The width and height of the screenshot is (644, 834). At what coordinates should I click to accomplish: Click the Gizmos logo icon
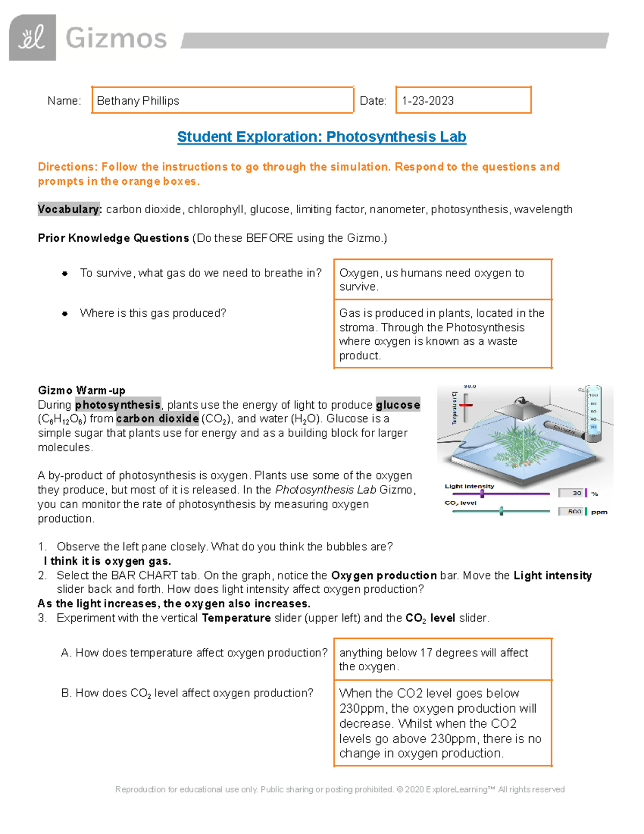[32, 38]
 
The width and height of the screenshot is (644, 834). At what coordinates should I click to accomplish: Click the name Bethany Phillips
[138, 101]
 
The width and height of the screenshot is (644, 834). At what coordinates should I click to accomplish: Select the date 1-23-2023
[428, 101]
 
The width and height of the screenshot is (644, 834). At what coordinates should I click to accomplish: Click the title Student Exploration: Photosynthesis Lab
[321, 137]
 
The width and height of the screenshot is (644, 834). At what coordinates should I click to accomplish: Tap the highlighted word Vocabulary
[69, 209]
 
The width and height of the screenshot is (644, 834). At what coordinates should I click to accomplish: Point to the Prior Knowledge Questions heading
[113, 238]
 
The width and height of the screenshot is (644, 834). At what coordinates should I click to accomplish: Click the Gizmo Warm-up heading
[82, 390]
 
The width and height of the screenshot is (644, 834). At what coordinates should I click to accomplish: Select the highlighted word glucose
[398, 405]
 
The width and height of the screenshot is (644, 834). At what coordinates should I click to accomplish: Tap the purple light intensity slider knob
[482, 494]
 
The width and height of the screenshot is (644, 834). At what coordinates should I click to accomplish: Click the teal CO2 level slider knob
[501, 511]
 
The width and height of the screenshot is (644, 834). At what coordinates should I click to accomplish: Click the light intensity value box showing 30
[572, 493]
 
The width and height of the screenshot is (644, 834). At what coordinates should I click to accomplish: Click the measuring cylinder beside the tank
[592, 411]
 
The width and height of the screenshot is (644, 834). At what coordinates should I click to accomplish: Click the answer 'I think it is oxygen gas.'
[107, 561]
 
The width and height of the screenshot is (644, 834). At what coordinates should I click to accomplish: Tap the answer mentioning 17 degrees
[434, 659]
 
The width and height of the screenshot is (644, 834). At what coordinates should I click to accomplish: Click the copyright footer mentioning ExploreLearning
[340, 789]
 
